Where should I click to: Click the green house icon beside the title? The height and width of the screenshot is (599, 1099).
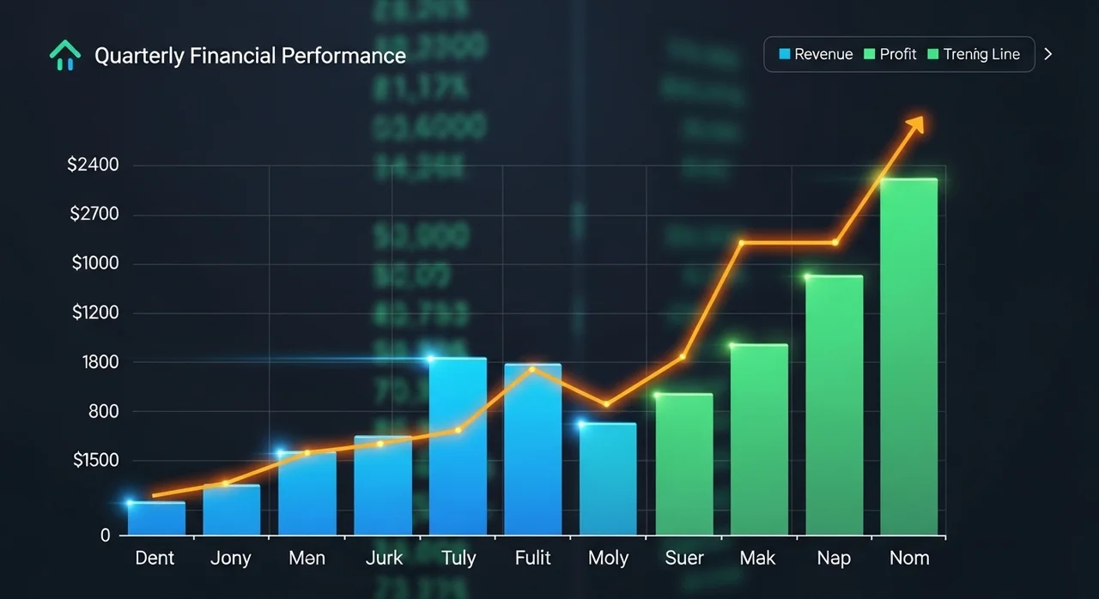(65, 57)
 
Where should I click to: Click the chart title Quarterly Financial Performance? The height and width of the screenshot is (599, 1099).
(250, 56)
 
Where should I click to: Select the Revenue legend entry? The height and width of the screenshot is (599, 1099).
(816, 54)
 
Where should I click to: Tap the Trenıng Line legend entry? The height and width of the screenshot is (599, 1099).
(974, 54)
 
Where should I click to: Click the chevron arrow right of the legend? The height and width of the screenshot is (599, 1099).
(1047, 54)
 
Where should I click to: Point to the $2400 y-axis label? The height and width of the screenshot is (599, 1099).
(93, 165)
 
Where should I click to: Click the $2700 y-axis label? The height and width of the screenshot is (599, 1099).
(93, 215)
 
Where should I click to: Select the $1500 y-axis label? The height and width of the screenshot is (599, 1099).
(95, 461)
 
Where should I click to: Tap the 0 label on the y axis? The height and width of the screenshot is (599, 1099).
(106, 535)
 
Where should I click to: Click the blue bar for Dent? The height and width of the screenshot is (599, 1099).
(156, 518)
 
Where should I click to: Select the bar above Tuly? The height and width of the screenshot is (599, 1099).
(458, 446)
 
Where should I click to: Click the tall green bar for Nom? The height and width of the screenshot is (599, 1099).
(908, 356)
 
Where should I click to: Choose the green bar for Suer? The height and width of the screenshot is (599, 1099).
(683, 464)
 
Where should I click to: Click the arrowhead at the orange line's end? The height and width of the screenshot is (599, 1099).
(915, 125)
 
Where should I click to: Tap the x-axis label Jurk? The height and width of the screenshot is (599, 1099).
(383, 559)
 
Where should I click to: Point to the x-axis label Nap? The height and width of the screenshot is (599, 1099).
(834, 559)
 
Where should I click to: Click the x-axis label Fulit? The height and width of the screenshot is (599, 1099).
(532, 559)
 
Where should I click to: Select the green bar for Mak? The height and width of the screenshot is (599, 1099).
(759, 439)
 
